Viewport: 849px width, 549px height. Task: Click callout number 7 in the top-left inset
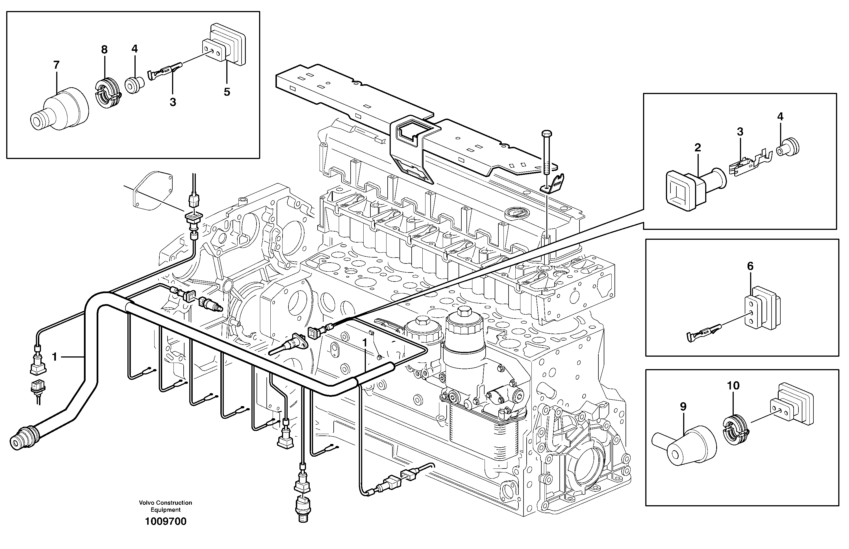(56, 65)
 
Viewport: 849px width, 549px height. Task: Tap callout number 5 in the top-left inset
(227, 92)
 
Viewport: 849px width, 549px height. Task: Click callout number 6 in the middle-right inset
(750, 266)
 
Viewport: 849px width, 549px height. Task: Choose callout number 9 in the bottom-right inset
(683, 406)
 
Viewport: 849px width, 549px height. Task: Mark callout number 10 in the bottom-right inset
(733, 385)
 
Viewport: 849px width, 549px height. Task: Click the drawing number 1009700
(166, 522)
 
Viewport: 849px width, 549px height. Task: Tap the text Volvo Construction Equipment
(166, 506)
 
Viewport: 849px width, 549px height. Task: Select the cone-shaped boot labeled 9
(684, 446)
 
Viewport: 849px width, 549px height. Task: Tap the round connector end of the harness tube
(18, 442)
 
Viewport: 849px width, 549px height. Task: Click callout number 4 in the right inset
(780, 117)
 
